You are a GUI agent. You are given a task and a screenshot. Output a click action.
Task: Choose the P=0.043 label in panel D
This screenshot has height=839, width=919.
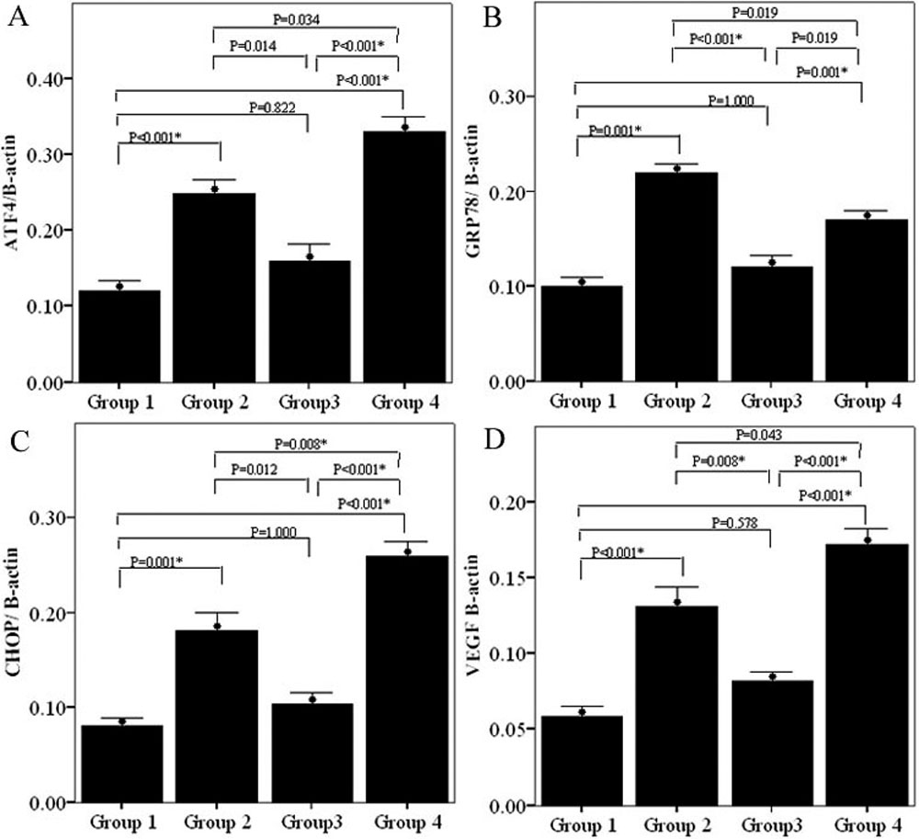click(765, 434)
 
